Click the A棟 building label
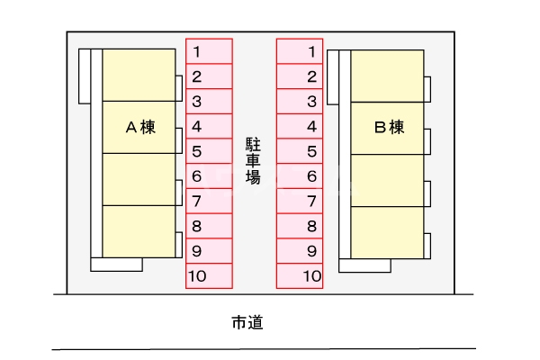click(x=139, y=127)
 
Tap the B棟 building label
click(x=389, y=127)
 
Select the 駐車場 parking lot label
click(x=253, y=160)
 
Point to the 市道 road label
click(x=247, y=321)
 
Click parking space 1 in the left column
click(x=209, y=51)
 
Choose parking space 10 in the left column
click(x=209, y=276)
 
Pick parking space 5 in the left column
click(x=209, y=151)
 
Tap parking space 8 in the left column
click(x=209, y=227)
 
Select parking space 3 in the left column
click(x=209, y=102)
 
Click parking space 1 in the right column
click(x=300, y=51)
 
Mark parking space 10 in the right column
click(x=300, y=276)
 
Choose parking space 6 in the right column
click(x=300, y=176)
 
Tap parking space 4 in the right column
click(x=300, y=127)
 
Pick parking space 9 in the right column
click(x=300, y=251)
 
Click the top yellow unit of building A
click(x=139, y=75)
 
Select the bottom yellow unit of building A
click(x=139, y=231)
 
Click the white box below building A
click(x=117, y=265)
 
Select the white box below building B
click(x=364, y=265)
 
